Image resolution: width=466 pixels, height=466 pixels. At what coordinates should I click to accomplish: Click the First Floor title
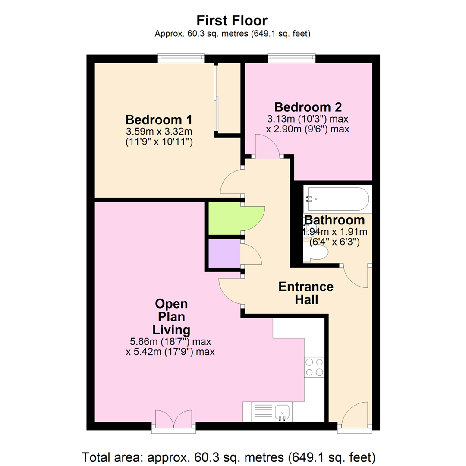click(x=232, y=20)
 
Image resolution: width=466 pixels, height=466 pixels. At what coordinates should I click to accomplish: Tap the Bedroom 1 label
click(x=158, y=120)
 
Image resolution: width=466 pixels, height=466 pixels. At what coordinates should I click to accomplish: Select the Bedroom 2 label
click(x=308, y=106)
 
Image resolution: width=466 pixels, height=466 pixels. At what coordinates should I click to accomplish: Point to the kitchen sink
click(x=283, y=411)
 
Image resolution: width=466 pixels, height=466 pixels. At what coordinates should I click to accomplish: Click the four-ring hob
click(x=314, y=367)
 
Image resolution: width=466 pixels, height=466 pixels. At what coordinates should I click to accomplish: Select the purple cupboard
click(x=224, y=253)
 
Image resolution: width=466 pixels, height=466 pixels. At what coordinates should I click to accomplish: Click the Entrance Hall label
click(x=305, y=293)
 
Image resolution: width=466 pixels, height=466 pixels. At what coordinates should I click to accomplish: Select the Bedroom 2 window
click(x=291, y=58)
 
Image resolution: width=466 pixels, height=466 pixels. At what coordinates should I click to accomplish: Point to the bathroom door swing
click(x=357, y=276)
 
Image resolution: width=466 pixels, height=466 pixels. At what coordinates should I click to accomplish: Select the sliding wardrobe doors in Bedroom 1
click(x=216, y=99)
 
